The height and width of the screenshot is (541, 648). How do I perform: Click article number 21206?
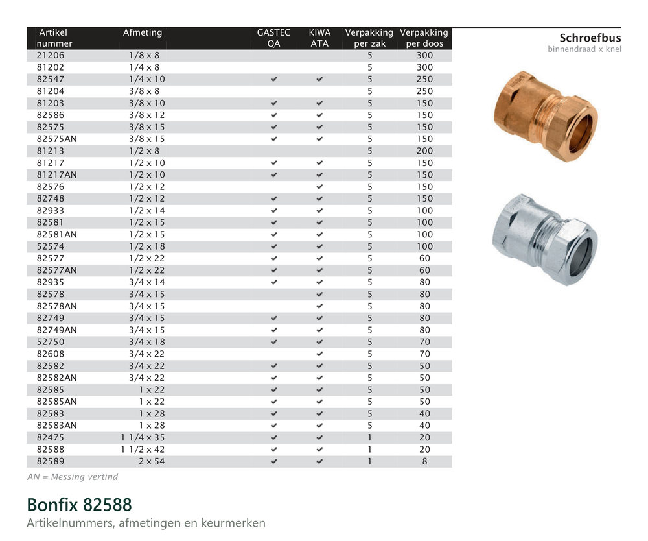tap(51, 55)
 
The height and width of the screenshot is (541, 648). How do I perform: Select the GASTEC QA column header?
tap(273, 38)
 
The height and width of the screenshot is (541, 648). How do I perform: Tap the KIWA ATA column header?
tap(319, 38)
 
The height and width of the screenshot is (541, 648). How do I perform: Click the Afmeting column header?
tap(143, 32)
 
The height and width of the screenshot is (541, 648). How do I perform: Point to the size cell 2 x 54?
tap(152, 461)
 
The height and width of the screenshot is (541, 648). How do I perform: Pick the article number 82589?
tap(51, 461)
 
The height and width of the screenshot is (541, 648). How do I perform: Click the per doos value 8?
tap(425, 461)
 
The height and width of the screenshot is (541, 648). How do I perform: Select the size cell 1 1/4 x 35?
tap(143, 438)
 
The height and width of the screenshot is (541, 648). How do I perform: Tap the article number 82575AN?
tap(56, 139)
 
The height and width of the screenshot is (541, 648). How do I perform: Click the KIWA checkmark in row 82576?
tap(319, 187)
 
